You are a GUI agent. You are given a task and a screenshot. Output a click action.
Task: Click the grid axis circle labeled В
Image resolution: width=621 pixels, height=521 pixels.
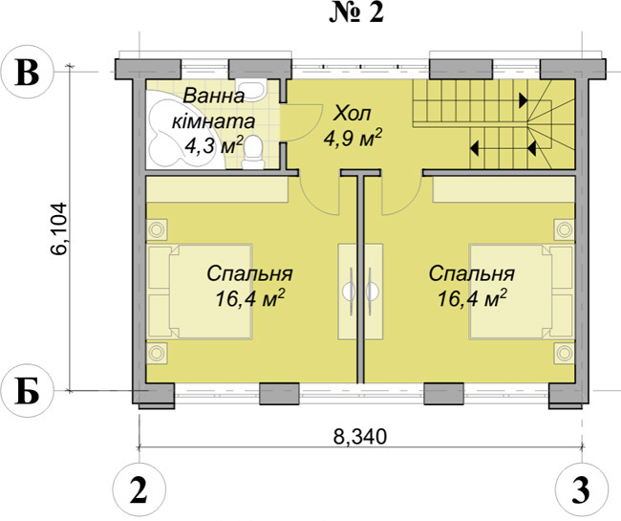(x=27, y=73)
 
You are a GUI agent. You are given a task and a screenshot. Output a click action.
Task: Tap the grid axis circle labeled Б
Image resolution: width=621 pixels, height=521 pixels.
(x=27, y=391)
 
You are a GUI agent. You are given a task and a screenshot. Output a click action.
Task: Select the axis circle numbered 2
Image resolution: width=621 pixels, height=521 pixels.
(x=139, y=488)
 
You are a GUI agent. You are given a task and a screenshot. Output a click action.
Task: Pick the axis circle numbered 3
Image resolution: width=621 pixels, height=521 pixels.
(x=582, y=488)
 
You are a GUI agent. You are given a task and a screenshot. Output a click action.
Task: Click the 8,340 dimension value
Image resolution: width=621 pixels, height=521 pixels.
(x=359, y=436)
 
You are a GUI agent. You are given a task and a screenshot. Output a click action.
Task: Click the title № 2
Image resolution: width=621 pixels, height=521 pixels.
(x=356, y=13)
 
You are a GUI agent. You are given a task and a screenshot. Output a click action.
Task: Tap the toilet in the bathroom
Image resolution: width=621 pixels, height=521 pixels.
(x=253, y=153)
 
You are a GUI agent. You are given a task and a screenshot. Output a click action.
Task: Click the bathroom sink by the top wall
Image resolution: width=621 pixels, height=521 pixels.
(x=251, y=90)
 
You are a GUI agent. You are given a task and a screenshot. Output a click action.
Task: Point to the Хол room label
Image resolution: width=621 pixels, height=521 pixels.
(x=353, y=114)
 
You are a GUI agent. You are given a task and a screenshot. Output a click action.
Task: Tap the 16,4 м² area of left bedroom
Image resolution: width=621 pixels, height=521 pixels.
(x=250, y=298)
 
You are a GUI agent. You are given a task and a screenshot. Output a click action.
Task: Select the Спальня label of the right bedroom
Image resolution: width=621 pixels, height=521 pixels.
(x=472, y=273)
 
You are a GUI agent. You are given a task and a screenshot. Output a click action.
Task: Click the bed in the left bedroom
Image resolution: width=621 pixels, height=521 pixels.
(x=200, y=292)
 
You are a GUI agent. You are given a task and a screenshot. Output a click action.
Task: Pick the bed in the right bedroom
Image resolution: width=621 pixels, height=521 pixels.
(x=522, y=292)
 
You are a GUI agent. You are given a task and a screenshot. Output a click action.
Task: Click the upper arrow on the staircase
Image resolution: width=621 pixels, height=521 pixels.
(x=523, y=100)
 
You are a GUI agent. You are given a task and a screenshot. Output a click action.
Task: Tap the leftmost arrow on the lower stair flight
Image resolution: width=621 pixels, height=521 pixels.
(x=475, y=148)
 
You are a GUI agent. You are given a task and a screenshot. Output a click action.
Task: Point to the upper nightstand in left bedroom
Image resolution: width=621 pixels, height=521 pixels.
(x=158, y=229)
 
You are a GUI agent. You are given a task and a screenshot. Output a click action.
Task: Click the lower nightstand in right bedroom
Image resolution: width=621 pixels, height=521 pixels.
(x=564, y=352)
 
